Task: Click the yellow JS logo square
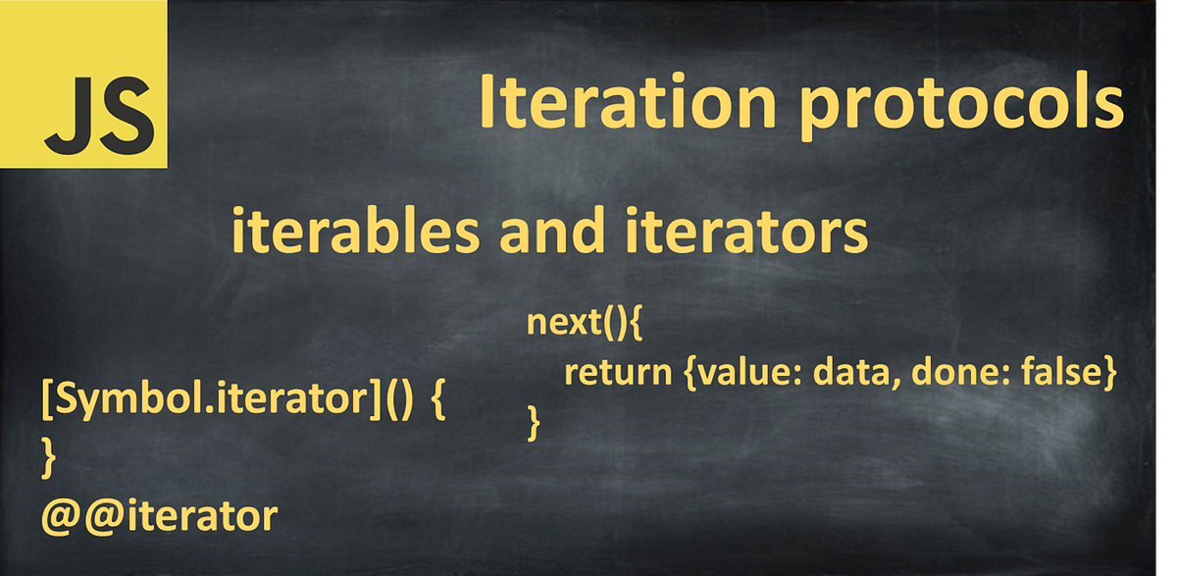(x=83, y=83)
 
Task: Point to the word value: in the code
(x=730, y=373)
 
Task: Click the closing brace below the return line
(x=535, y=423)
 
